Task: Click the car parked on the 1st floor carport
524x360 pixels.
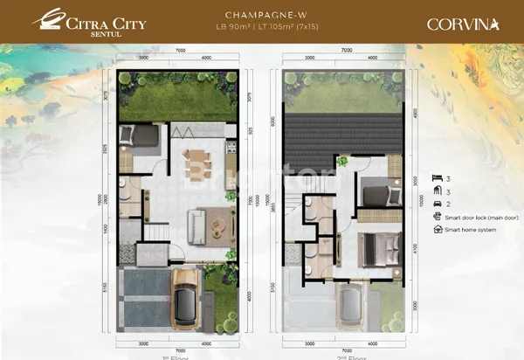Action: (187, 299)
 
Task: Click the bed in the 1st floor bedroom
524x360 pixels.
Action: (140, 137)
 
